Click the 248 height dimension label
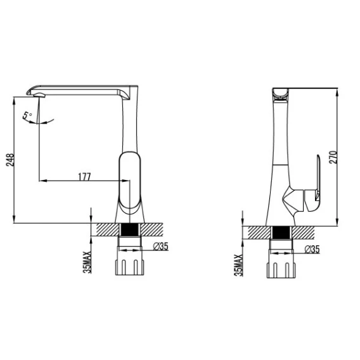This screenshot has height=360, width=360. [10, 160]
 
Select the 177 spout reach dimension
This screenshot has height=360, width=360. [85, 177]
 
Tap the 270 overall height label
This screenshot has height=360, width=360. [333, 157]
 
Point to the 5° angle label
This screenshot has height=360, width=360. [27, 115]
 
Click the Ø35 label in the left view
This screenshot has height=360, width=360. [161, 247]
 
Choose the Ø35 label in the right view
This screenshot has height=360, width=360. [312, 249]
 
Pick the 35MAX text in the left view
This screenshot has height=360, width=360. [87, 262]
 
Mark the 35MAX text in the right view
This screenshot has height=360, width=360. [238, 265]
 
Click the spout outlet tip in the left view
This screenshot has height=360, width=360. [39, 95]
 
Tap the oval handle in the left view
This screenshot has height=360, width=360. [130, 180]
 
